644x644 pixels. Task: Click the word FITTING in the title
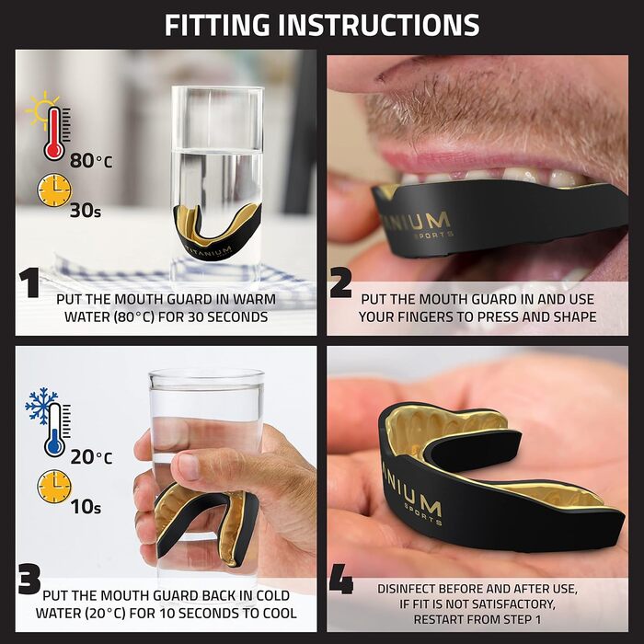(217, 25)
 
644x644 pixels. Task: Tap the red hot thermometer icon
(55, 132)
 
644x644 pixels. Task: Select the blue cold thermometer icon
(55, 430)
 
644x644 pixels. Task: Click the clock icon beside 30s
(54, 190)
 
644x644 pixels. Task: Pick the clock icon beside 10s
(54, 487)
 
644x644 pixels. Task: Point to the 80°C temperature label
(91, 161)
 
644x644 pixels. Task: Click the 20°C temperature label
(91, 457)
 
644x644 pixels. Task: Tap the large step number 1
(29, 282)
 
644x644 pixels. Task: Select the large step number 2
(340, 282)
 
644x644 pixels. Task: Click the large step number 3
(29, 580)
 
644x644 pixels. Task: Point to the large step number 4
(341, 580)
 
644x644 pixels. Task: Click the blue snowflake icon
(41, 406)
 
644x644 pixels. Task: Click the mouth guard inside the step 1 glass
(217, 232)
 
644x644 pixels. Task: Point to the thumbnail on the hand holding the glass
(190, 467)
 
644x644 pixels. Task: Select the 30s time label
(86, 211)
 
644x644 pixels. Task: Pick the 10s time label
(86, 507)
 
